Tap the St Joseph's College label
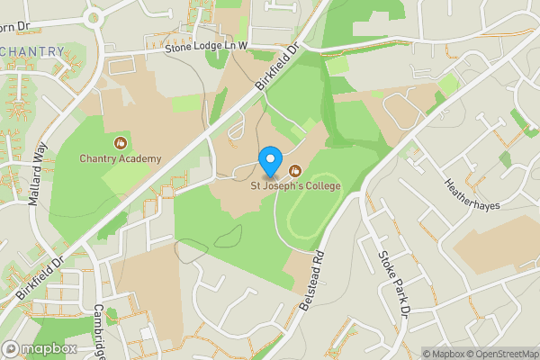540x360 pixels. pos(296,186)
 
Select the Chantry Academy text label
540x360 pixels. pos(121,159)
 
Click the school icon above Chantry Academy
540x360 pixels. pos(121,142)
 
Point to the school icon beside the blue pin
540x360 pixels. pos(294,171)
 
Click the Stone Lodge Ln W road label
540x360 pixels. pos(206,47)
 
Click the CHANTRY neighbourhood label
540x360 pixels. pos(33,51)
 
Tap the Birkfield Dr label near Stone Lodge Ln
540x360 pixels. pos(275,67)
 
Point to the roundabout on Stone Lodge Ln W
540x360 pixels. pos(93,16)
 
